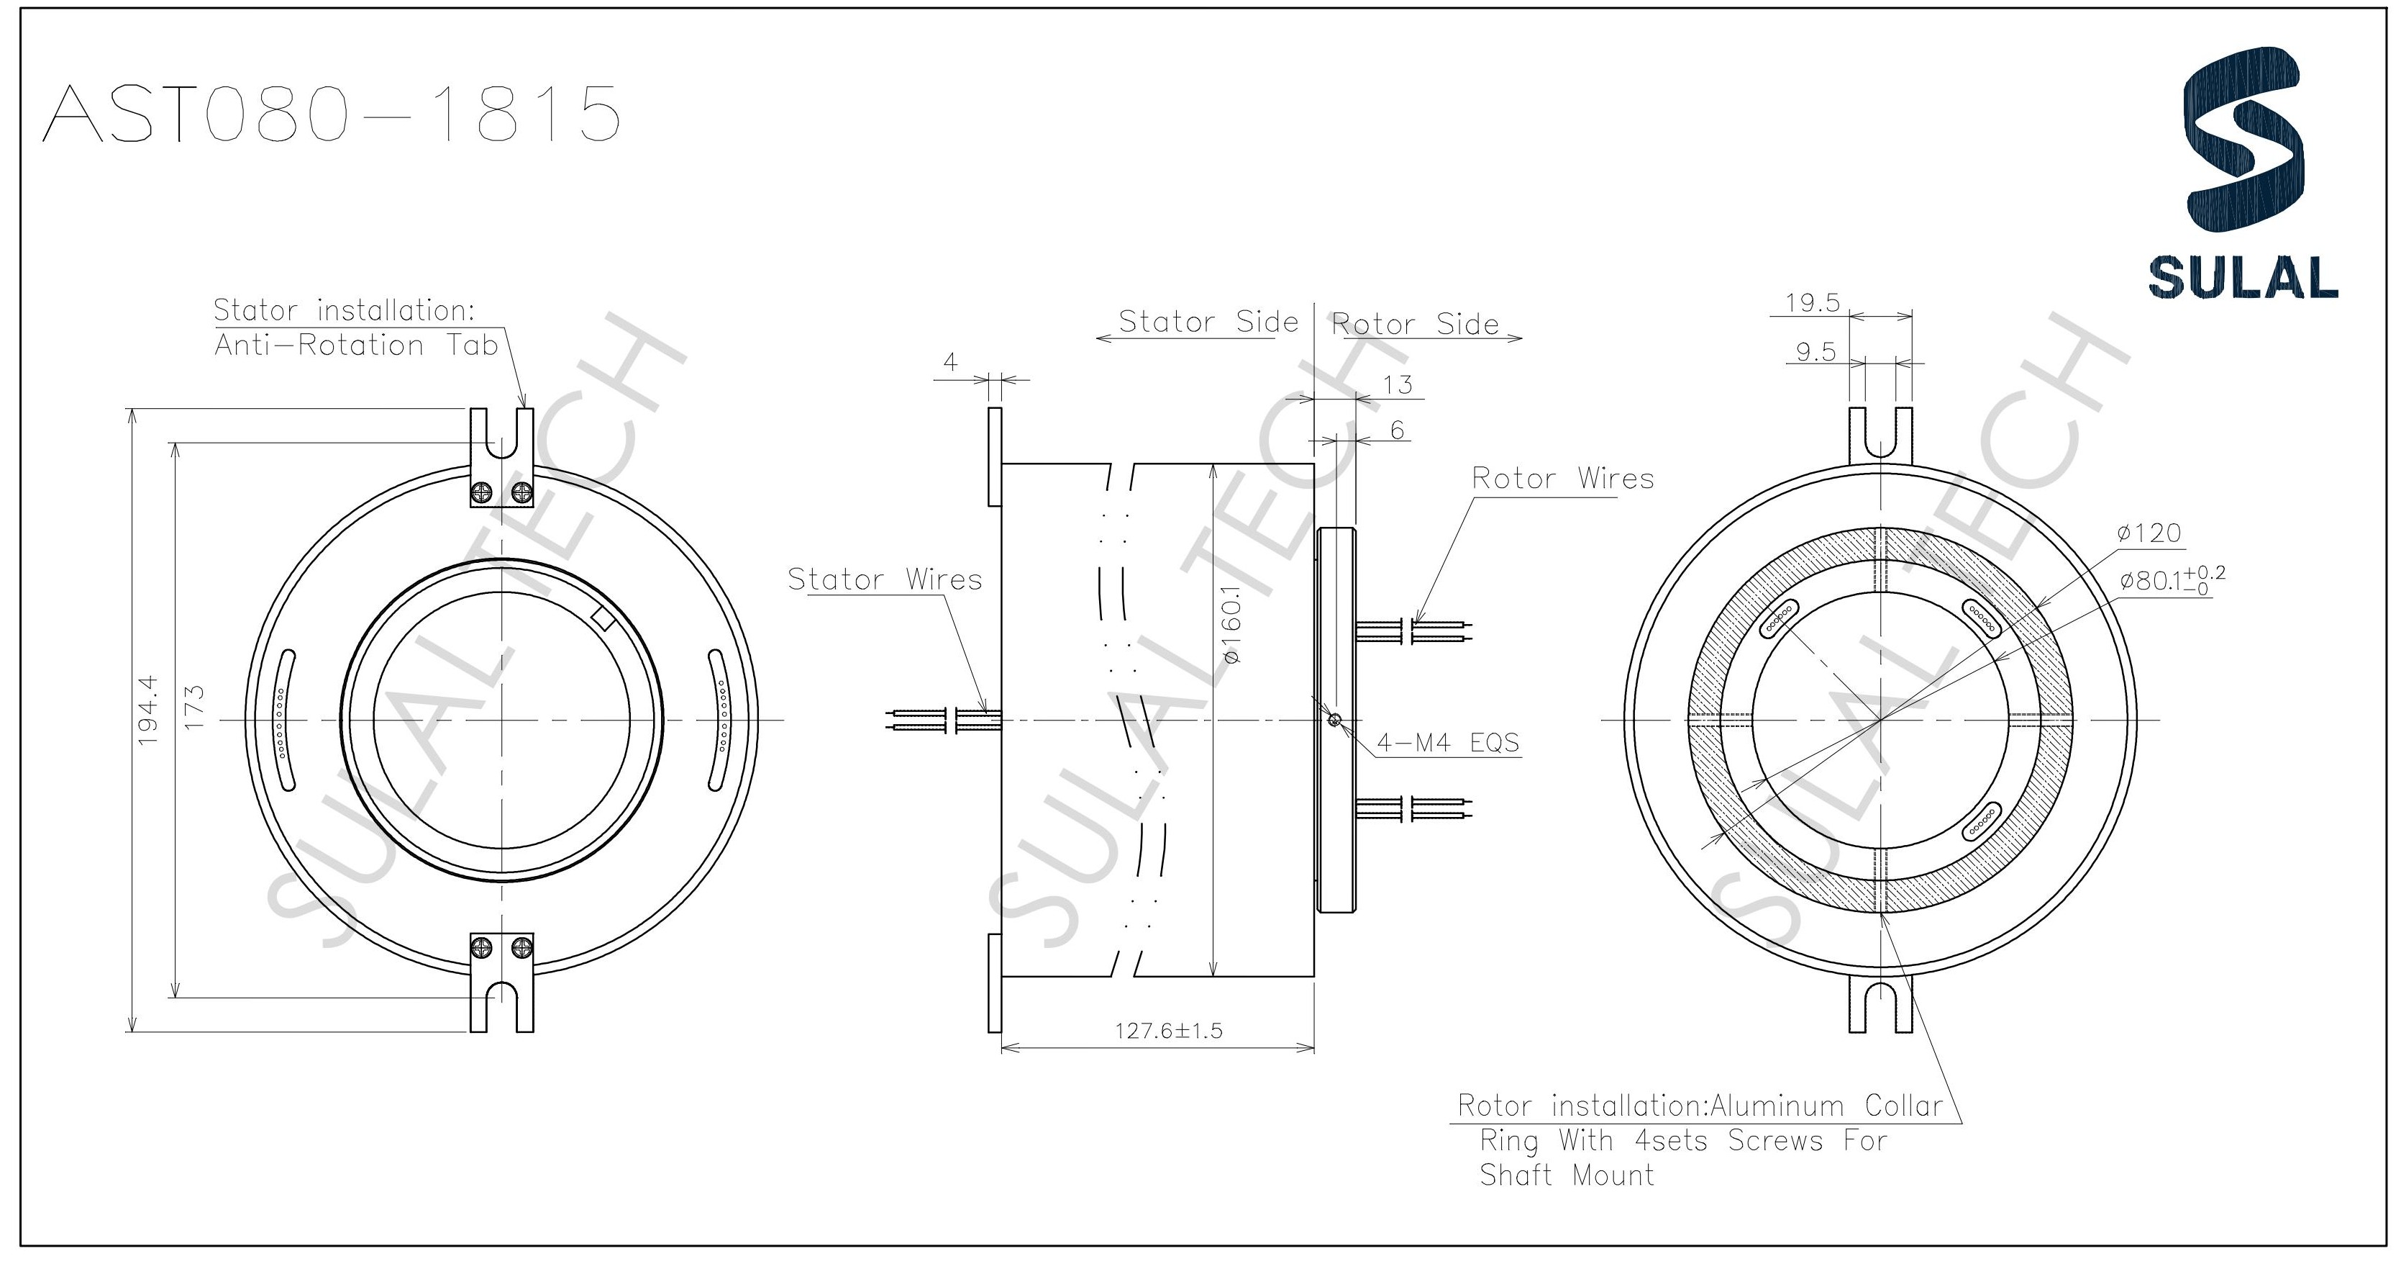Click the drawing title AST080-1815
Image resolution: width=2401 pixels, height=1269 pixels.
coord(332,114)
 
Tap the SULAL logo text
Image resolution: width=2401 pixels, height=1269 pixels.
coord(2243,277)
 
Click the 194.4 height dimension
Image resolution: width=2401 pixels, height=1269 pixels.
coord(148,710)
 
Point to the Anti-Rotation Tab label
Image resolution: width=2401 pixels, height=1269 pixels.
coord(356,345)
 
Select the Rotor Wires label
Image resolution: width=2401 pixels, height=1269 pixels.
coord(1562,479)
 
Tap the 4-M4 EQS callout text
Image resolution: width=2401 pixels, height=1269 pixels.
coord(1447,742)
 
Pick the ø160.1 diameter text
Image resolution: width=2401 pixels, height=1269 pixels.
coord(1231,631)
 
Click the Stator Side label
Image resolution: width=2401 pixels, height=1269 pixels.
coord(1207,322)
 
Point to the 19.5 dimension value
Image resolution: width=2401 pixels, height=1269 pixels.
coord(1812,303)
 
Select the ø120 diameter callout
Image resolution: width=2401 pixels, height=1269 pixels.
coord(2149,533)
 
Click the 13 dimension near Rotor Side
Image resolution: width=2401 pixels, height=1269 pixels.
coord(1397,384)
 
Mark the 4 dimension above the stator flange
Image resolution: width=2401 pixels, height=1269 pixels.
coord(949,362)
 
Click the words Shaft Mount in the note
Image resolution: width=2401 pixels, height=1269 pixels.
coord(1566,1175)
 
